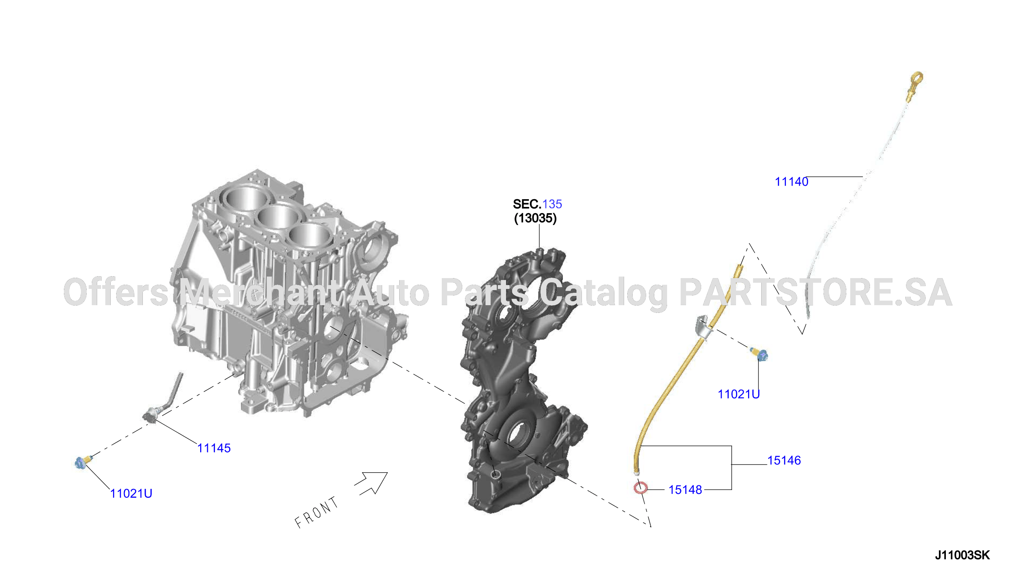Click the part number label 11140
click(791, 182)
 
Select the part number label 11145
click(214, 448)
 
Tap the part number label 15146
click(784, 460)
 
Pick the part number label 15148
click(685, 490)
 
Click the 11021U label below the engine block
click(131, 494)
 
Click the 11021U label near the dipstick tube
click(739, 394)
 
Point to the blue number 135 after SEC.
click(552, 204)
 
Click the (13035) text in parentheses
click(535, 219)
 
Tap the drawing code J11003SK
click(963, 555)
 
